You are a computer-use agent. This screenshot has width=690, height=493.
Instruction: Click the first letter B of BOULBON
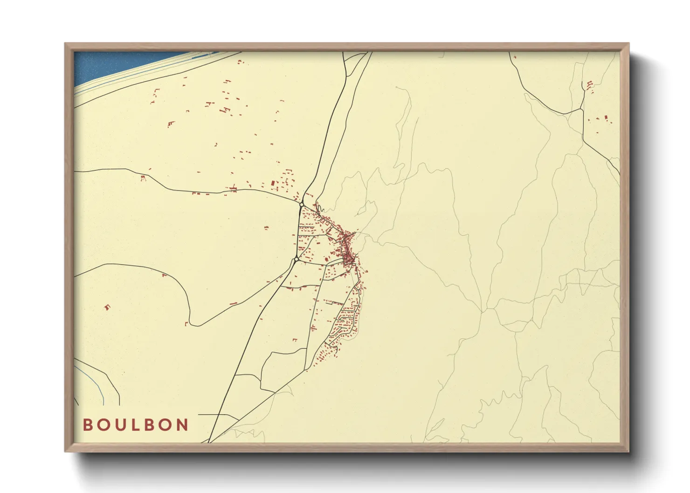(x=87, y=425)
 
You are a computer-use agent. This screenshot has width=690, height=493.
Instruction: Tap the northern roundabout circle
(x=302, y=205)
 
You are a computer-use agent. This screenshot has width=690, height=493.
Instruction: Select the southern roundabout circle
(x=296, y=259)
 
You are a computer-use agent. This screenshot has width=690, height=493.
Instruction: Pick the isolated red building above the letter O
(x=108, y=307)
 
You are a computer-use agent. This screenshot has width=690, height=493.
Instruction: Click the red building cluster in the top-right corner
(x=590, y=85)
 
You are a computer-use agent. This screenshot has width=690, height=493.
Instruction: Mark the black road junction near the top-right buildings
(x=581, y=109)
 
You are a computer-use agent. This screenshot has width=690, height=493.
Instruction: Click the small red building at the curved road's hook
(x=186, y=323)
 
